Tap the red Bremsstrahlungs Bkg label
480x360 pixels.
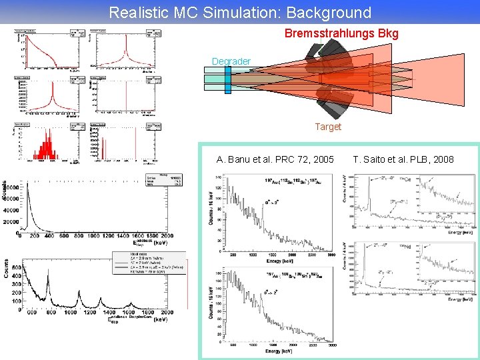click(x=341, y=33)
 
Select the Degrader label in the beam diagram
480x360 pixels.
click(x=231, y=62)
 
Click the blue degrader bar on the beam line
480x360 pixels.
click(x=228, y=80)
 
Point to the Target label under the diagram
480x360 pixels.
click(x=328, y=127)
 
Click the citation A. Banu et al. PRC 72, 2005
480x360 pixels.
click(x=275, y=159)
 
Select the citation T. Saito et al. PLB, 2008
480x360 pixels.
click(x=403, y=159)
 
